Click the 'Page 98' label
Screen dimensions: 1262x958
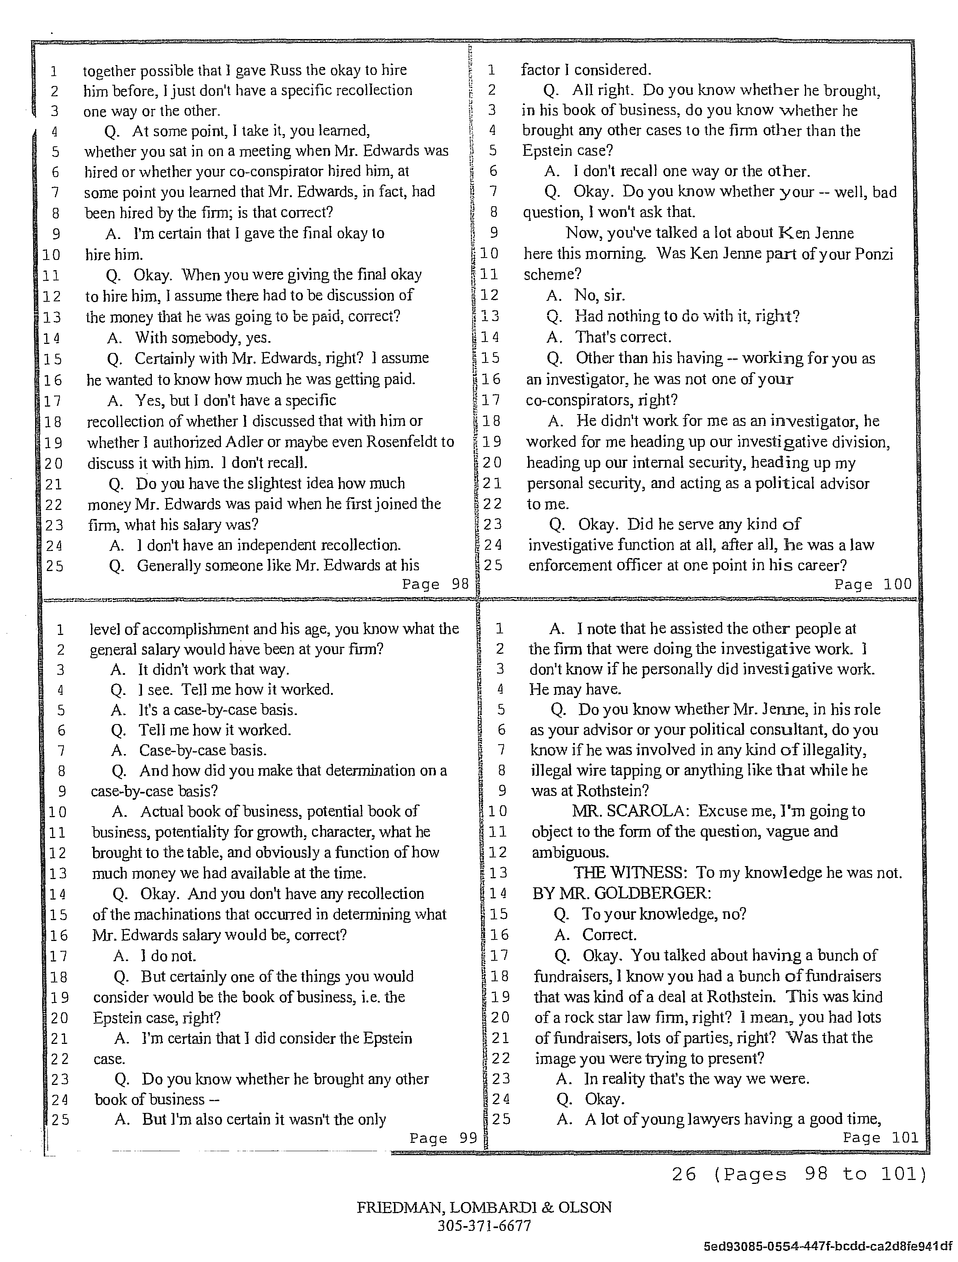click(435, 584)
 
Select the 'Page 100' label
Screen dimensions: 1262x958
click(872, 584)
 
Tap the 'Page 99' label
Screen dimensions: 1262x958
click(443, 1138)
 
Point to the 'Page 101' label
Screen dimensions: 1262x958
click(880, 1138)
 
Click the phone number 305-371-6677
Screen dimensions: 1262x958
click(484, 1225)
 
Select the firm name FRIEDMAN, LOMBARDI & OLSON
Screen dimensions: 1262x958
click(484, 1207)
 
